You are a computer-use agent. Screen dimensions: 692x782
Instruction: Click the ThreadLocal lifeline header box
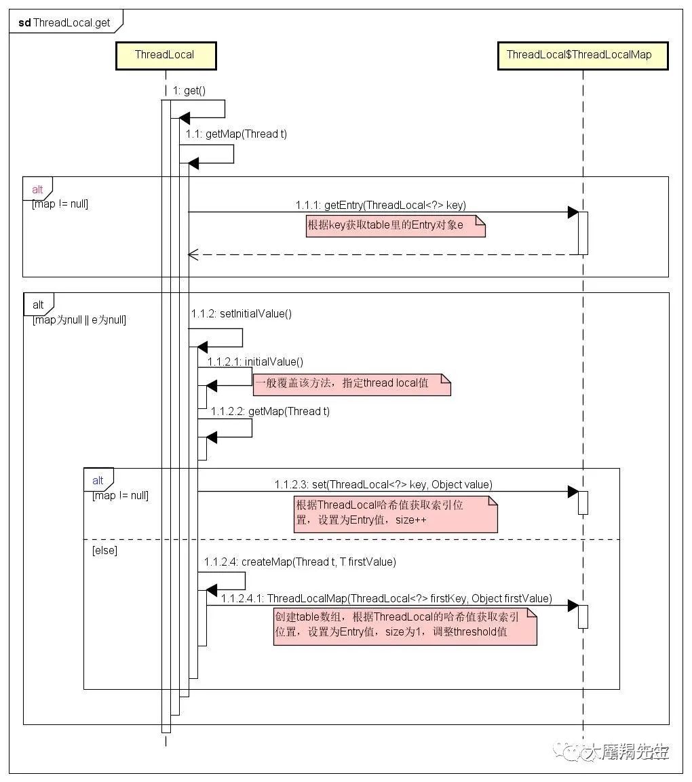(166, 56)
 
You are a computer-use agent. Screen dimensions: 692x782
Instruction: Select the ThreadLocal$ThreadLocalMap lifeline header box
(583, 56)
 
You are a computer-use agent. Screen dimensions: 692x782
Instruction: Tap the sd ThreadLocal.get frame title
(64, 22)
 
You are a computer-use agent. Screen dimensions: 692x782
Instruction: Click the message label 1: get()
(189, 90)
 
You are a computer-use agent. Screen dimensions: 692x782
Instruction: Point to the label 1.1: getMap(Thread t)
(236, 134)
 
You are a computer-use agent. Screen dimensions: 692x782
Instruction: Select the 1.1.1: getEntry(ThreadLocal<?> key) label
(381, 205)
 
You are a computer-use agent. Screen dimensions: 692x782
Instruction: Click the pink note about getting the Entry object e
(395, 226)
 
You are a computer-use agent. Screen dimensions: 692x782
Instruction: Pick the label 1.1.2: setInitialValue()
(242, 314)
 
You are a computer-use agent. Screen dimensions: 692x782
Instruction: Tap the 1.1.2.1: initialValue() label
(256, 361)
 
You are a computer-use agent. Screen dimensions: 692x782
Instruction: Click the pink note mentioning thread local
(351, 385)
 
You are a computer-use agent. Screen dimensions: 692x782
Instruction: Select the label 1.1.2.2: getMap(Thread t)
(270, 412)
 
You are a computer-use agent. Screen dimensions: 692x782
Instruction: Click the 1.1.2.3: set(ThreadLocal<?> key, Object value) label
(383, 484)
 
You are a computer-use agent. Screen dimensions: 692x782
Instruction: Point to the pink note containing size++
(396, 514)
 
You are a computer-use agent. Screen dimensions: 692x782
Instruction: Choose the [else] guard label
(104, 551)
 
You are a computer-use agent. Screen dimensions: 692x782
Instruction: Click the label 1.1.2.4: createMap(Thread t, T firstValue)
(300, 562)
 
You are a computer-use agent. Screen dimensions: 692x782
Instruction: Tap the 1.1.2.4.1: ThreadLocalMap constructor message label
(387, 598)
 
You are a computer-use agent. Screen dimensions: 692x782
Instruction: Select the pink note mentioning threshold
(405, 627)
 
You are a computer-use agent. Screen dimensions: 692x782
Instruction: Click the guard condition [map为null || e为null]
(79, 319)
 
